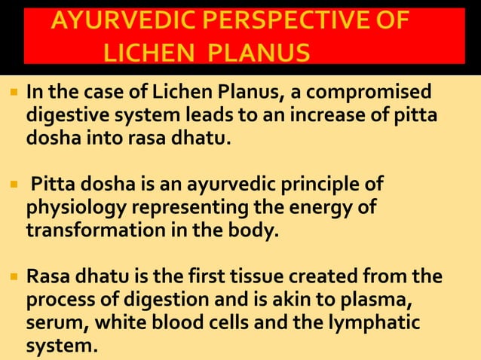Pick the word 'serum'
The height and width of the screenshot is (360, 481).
(x=51, y=325)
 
